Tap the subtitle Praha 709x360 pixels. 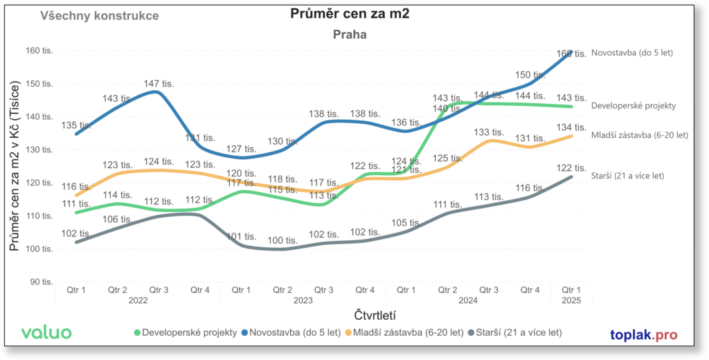pyautogui.click(x=350, y=34)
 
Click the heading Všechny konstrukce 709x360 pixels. pyautogui.click(x=100, y=15)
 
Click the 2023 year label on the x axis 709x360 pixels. pyautogui.click(x=303, y=301)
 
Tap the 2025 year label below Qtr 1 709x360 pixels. pyautogui.click(x=571, y=301)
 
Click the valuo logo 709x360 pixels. pyautogui.click(x=46, y=332)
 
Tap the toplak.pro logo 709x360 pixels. pyautogui.click(x=644, y=334)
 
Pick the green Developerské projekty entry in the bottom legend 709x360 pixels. pyautogui.click(x=186, y=332)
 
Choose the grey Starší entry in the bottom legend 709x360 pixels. pyautogui.click(x=514, y=332)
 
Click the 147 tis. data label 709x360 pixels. pyautogui.click(x=159, y=83)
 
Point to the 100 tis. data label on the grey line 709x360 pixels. pyautogui.click(x=282, y=240)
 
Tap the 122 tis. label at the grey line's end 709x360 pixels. pyautogui.click(x=572, y=168)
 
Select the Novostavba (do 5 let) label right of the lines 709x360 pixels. pyautogui.click(x=632, y=52)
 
